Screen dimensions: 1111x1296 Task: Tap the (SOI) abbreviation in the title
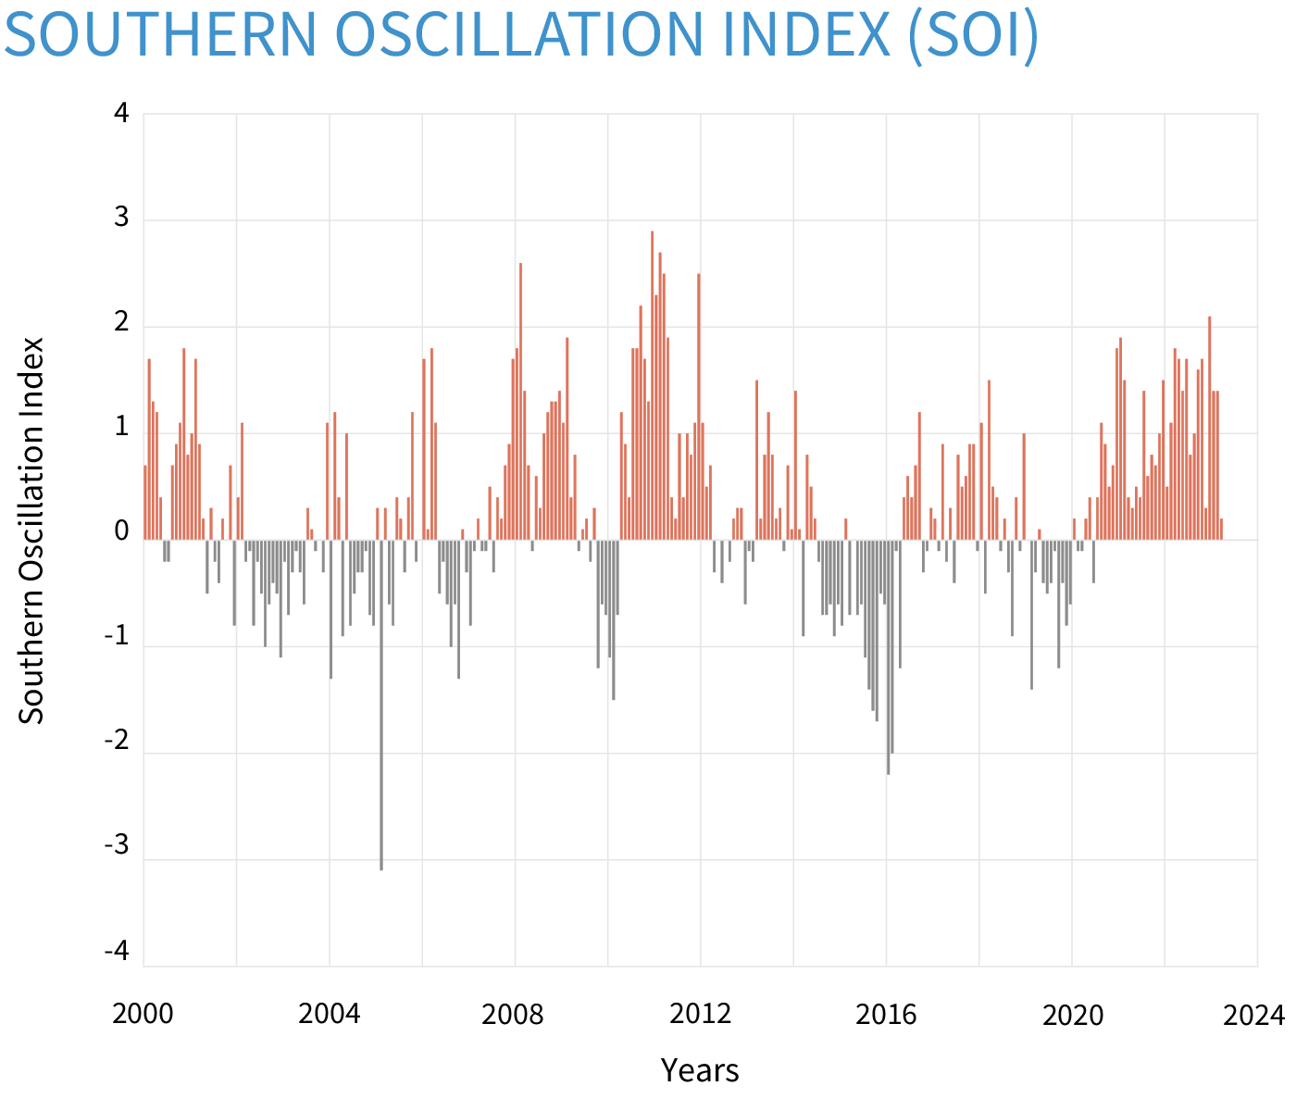point(972,35)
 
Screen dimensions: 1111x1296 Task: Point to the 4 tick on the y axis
point(122,114)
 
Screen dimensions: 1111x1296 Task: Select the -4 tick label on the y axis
point(118,953)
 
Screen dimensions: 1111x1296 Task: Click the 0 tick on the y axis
point(122,533)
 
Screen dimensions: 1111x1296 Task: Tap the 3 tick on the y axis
point(122,219)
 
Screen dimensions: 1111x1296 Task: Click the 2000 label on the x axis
point(143,1015)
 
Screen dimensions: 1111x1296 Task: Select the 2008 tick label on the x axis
point(514,1015)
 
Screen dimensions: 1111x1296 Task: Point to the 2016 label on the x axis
point(886,1015)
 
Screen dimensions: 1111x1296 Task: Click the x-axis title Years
point(700,1070)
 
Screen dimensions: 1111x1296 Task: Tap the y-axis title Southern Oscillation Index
point(32,531)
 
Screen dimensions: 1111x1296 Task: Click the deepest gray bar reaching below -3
point(381,704)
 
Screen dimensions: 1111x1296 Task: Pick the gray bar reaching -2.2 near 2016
point(888,656)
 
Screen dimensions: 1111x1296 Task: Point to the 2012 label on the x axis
point(700,1015)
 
